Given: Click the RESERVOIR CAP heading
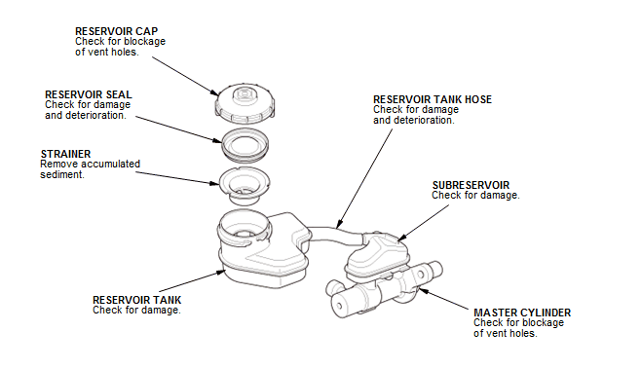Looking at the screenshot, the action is tap(117, 31).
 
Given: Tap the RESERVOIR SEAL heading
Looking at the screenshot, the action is tap(89, 94).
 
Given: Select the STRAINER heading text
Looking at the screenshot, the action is tap(65, 154).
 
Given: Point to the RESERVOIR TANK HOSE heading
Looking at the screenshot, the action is tap(433, 99).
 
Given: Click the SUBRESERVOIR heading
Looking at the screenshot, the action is tap(471, 185).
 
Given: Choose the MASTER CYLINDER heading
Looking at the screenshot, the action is tap(522, 313).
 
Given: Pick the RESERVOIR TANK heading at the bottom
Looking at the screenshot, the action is tap(137, 300).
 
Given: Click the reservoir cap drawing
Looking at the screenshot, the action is tap(245, 104).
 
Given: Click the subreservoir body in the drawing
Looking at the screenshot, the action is tap(378, 255).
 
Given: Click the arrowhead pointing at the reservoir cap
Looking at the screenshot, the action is tap(214, 92).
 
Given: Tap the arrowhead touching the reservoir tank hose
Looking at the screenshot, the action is tap(339, 224).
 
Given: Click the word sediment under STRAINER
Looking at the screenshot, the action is tap(62, 175).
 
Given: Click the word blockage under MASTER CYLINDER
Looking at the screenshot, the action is tap(543, 322).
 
